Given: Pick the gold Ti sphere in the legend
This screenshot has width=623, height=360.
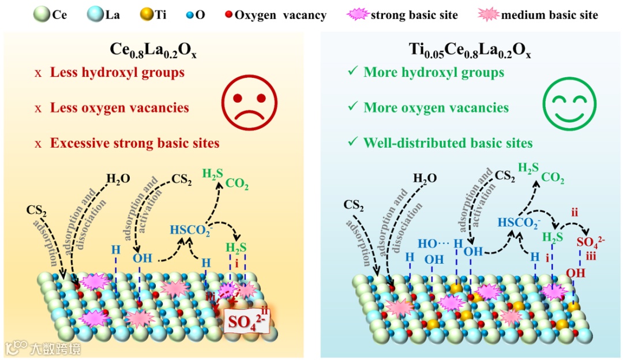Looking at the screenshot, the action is (x=147, y=13).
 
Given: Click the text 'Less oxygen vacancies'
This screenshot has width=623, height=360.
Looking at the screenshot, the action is (x=119, y=108).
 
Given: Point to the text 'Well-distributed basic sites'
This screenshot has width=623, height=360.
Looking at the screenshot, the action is (x=448, y=142).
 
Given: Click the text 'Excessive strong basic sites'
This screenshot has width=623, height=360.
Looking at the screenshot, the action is (x=135, y=142).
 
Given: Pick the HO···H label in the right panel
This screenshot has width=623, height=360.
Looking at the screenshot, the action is (x=438, y=244).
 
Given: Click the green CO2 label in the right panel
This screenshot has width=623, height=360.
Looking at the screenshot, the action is (x=552, y=178).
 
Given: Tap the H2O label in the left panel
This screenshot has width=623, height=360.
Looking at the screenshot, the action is (x=117, y=178).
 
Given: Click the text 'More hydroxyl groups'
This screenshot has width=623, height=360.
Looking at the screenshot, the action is (x=434, y=73).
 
